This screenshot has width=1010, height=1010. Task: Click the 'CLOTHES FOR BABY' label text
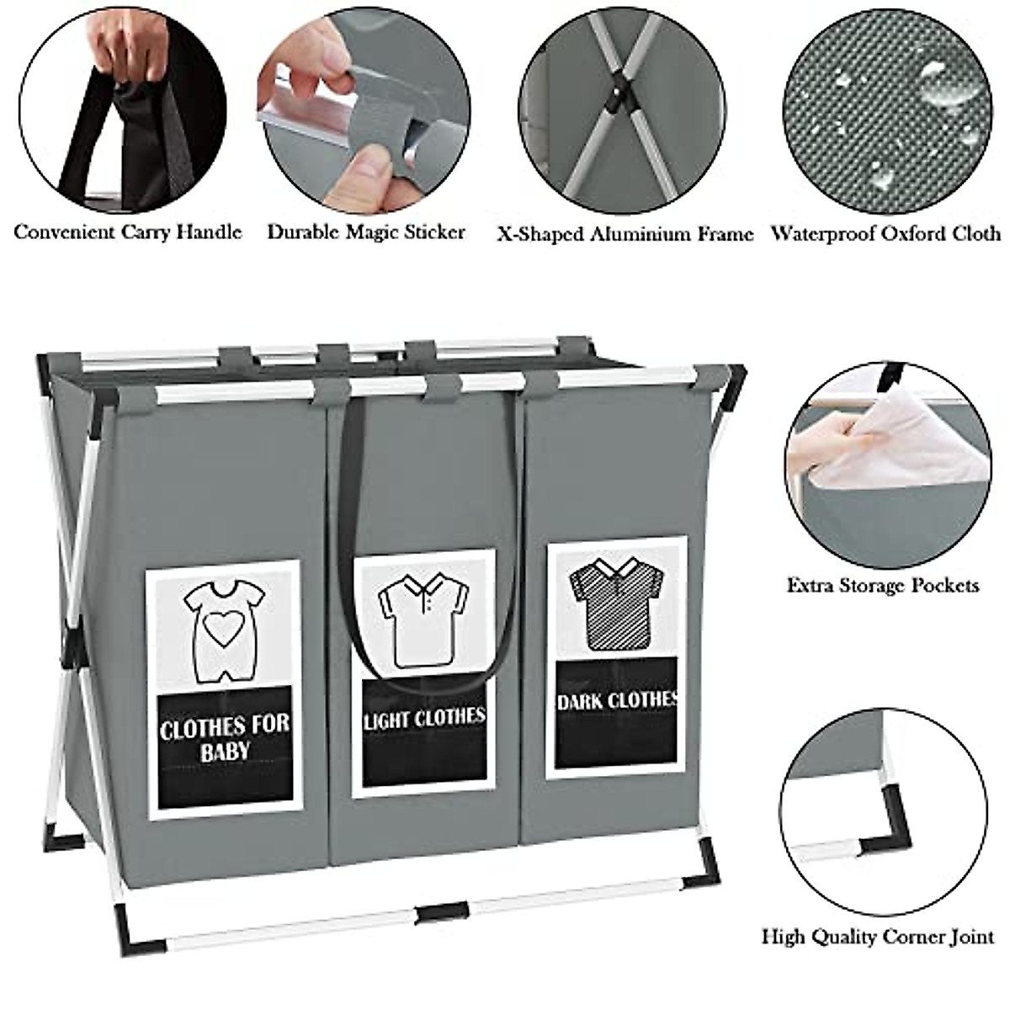coord(224,737)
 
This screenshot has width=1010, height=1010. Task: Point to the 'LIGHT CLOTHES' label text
coord(424,718)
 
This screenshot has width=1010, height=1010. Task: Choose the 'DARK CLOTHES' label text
coord(617,700)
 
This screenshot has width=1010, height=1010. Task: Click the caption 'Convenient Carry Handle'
coord(128,232)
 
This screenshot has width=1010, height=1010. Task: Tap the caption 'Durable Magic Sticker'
coord(365,232)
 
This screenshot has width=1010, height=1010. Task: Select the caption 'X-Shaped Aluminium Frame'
coord(625,235)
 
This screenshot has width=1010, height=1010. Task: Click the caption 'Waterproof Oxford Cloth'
coord(886,234)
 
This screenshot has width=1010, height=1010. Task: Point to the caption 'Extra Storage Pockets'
coord(883,584)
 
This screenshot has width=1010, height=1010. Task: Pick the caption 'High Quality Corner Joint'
coord(879,936)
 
